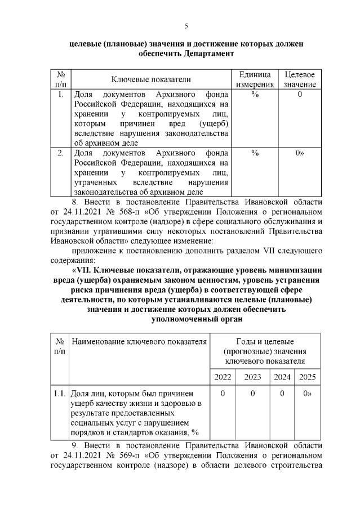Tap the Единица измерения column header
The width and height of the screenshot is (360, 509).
coord(255,79)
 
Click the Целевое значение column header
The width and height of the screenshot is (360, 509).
coord(300,79)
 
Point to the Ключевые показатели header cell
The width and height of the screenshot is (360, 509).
coord(150,80)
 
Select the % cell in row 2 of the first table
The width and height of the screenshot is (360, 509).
coord(255,153)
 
